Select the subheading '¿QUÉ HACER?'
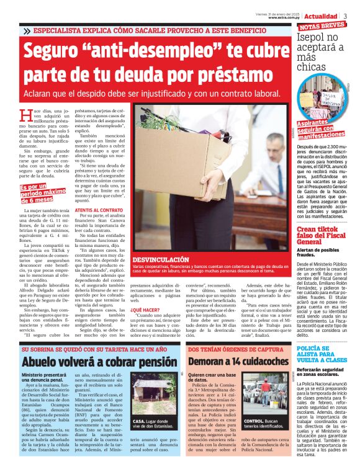pos(143,308)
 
